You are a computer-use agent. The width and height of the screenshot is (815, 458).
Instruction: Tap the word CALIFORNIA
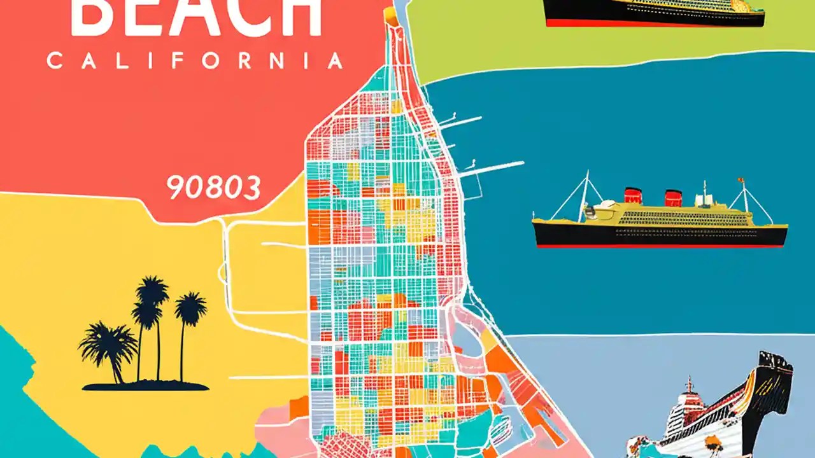pyautogui.click(x=195, y=61)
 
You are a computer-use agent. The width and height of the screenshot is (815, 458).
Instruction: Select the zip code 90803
pyautogui.click(x=213, y=188)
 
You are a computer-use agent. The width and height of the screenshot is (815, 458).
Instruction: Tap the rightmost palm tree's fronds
pyautogui.click(x=190, y=308)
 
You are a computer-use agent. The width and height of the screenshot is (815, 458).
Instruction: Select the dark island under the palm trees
pyautogui.click(x=145, y=385)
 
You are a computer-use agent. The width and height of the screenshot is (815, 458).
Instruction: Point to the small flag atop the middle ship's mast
pyautogui.click(x=741, y=181)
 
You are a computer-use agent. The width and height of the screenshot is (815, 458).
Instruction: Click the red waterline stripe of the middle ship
pyautogui.click(x=659, y=246)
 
